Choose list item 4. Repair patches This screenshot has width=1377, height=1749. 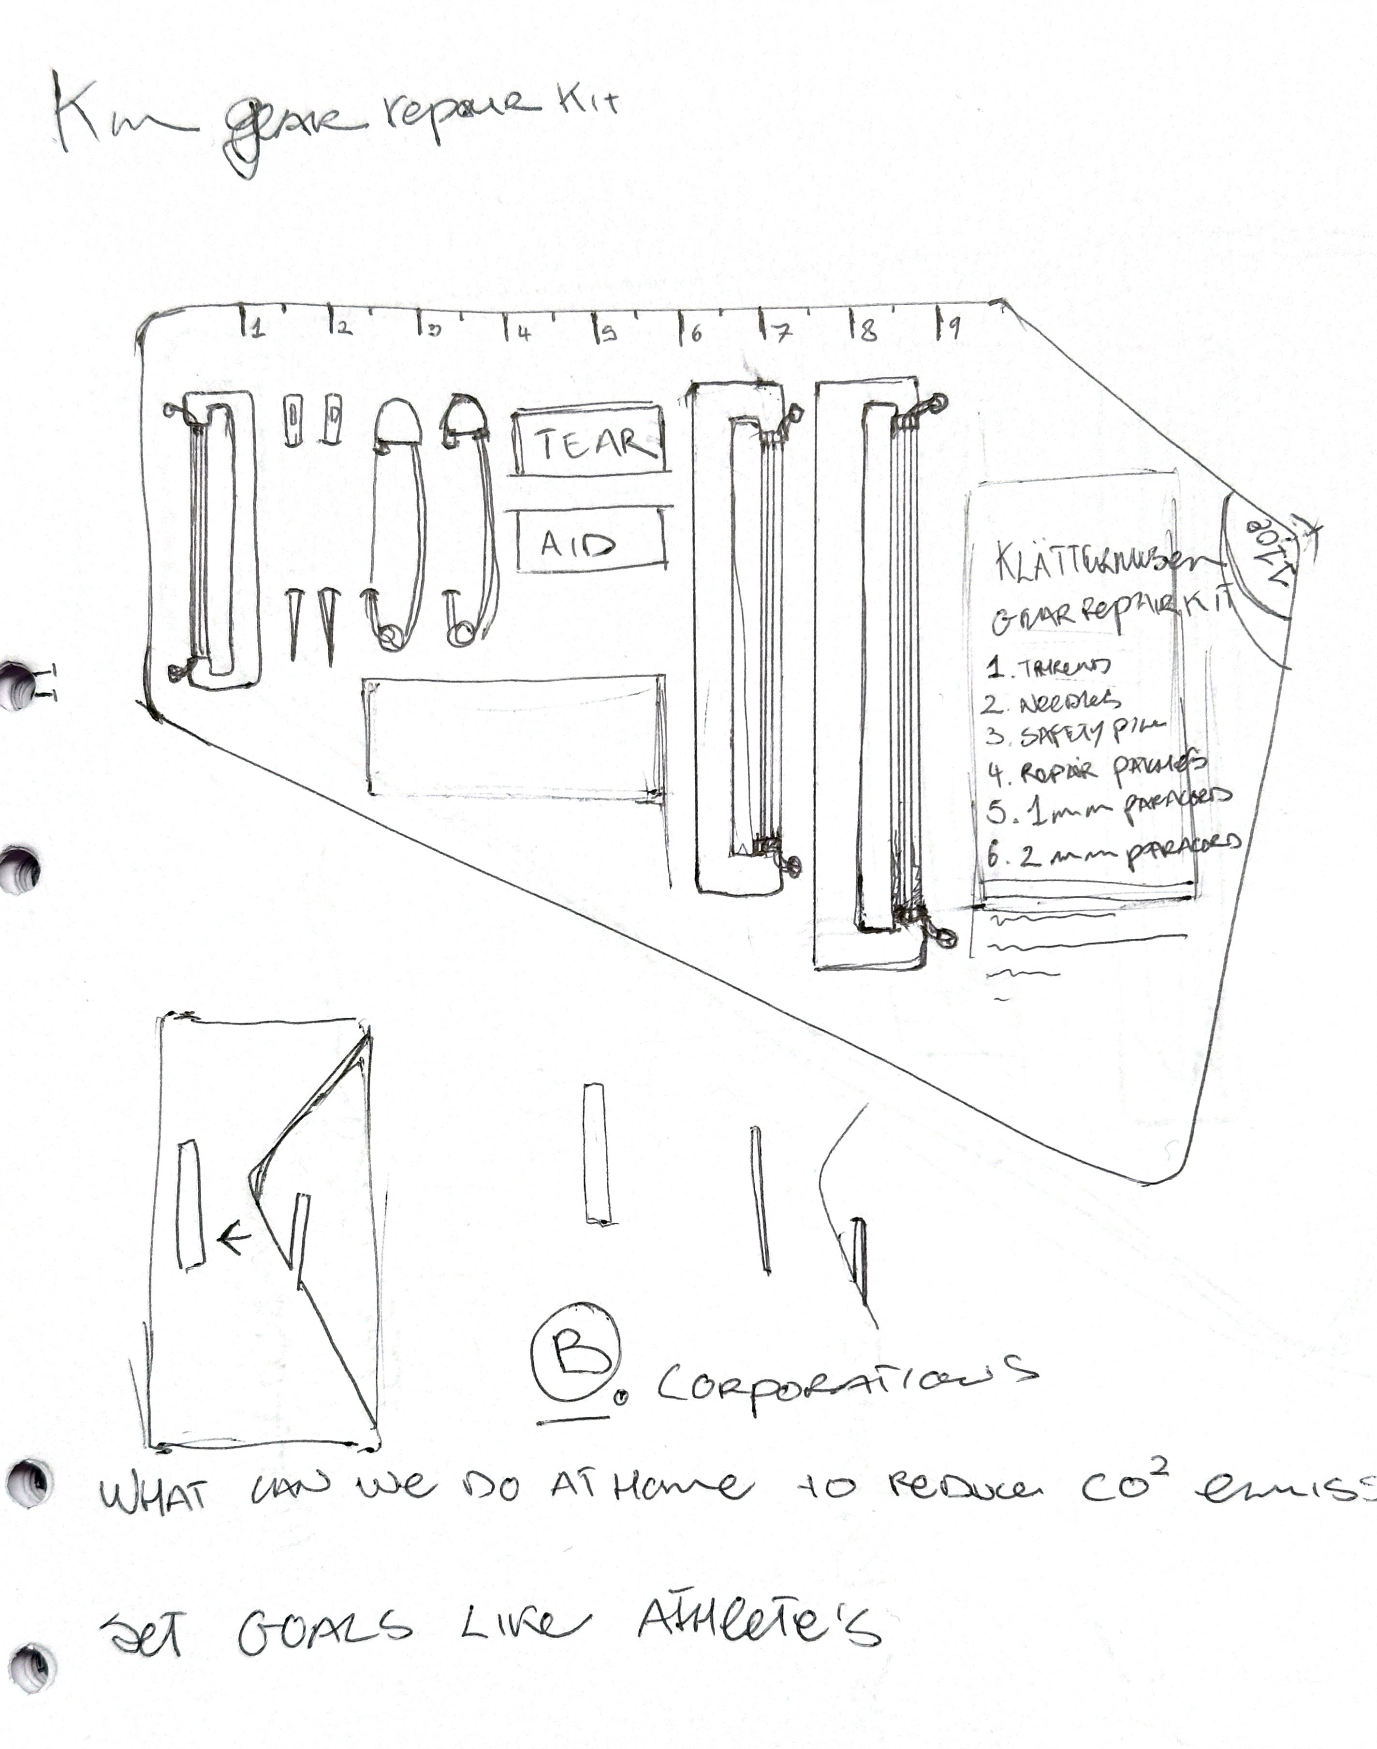1097,770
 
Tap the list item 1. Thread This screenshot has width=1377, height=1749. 1048,667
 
